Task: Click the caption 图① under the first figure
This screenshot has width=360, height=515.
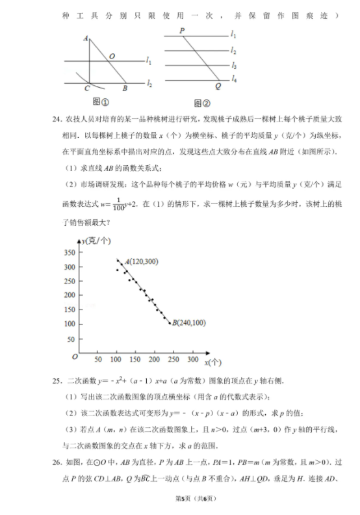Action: pos(100,101)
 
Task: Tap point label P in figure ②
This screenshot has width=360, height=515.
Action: pos(182,31)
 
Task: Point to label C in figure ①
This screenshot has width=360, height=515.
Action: pos(87,89)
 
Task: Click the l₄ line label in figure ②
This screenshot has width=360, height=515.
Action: pos(234,78)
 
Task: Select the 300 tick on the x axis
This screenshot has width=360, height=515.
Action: pos(192,359)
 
